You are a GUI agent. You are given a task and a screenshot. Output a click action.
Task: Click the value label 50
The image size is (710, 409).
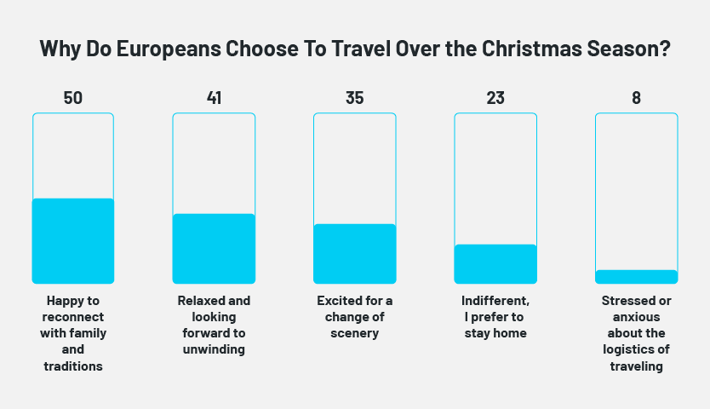pyautogui.click(x=73, y=98)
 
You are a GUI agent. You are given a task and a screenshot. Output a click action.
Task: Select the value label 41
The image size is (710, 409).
pyautogui.click(x=214, y=98)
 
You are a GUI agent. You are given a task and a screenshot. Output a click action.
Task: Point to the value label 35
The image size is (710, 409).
pyautogui.click(x=355, y=98)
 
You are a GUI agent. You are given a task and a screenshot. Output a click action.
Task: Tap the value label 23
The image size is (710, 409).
pyautogui.click(x=495, y=98)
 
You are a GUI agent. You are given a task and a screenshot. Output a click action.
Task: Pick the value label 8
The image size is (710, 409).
pyautogui.click(x=636, y=98)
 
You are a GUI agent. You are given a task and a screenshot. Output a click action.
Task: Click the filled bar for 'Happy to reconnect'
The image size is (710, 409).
pyautogui.click(x=73, y=240)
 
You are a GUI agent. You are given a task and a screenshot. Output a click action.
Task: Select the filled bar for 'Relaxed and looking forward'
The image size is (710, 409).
pyautogui.click(x=214, y=248)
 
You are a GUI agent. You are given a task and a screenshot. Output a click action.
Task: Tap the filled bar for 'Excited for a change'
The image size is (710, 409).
pyautogui.click(x=355, y=253)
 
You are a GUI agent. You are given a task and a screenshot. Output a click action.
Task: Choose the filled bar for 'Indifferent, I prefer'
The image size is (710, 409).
pyautogui.click(x=495, y=263)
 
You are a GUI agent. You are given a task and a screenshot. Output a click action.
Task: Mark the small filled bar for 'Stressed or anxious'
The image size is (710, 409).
pyautogui.click(x=636, y=276)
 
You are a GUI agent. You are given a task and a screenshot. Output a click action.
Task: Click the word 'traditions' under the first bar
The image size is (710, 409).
pyautogui.click(x=73, y=366)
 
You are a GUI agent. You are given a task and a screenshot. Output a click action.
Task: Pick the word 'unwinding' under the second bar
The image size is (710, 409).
pyautogui.click(x=214, y=349)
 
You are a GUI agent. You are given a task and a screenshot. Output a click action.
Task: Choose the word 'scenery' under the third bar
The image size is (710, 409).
pyautogui.click(x=355, y=333)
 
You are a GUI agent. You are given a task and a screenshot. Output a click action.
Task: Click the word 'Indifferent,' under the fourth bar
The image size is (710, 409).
pyautogui.click(x=495, y=301)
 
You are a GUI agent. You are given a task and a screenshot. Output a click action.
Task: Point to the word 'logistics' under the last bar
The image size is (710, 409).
pyautogui.click(x=636, y=349)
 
